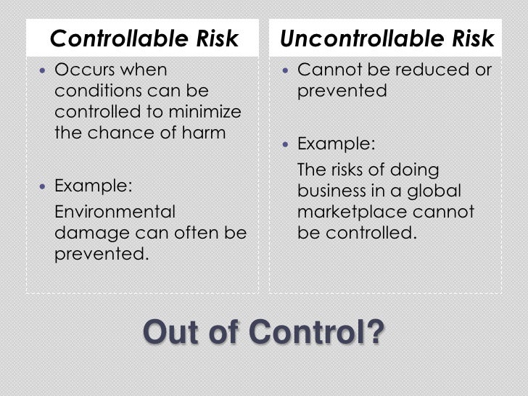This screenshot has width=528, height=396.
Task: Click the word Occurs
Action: point(83,71)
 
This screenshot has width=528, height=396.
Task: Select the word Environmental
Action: point(115,213)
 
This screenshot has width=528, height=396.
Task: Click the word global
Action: point(434,192)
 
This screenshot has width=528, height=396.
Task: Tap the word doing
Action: point(414,171)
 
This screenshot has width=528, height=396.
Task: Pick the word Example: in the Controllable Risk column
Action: point(94,186)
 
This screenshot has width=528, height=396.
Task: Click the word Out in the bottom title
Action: point(173,333)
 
